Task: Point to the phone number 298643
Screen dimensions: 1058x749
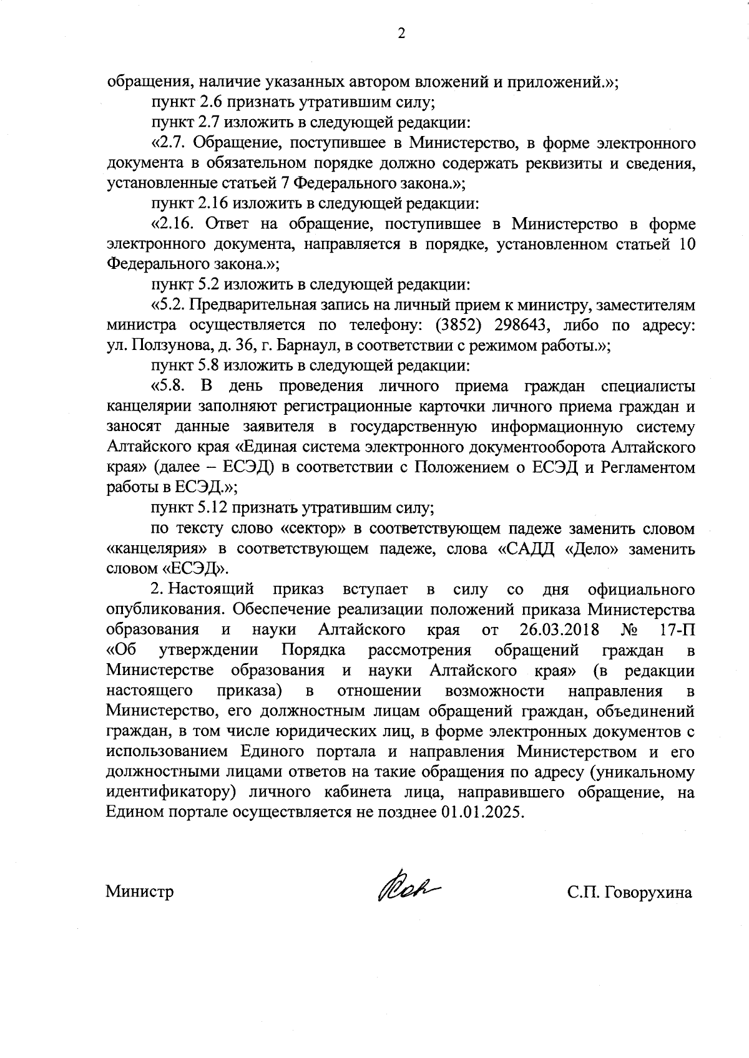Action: pyautogui.click(x=522, y=326)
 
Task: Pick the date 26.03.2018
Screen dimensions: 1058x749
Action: pyautogui.click(x=559, y=629)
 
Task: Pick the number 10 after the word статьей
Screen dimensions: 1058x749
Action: pyautogui.click(x=685, y=244)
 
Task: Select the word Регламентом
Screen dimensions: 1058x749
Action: pyautogui.click(x=648, y=468)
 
